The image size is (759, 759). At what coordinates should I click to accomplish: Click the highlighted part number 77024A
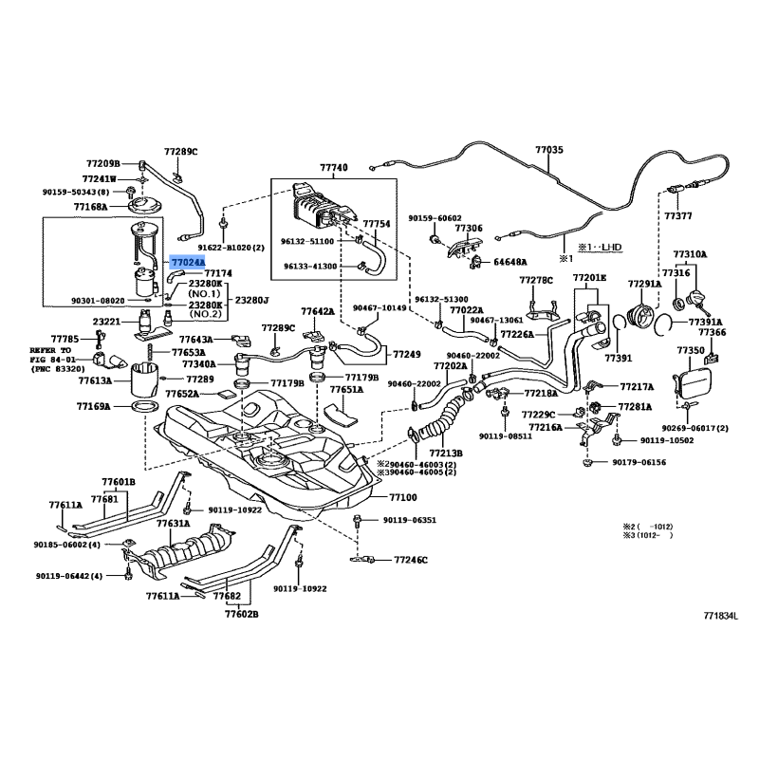[187, 262]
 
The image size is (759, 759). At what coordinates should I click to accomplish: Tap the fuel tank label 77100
[402, 497]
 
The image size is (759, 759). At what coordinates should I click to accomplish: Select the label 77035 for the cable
[549, 150]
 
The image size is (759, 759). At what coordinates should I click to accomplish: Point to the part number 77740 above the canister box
[334, 168]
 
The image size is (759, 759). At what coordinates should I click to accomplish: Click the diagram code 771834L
[721, 616]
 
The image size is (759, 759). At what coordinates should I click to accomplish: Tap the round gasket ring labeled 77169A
[145, 406]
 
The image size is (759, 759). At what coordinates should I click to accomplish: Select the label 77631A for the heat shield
[174, 524]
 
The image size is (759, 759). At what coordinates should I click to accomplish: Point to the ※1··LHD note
[600, 248]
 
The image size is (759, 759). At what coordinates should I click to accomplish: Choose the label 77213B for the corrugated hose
[446, 454]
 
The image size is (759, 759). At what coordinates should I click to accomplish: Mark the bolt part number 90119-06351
[410, 520]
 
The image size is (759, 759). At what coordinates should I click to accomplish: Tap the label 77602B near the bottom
[241, 614]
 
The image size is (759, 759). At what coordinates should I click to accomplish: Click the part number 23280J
[251, 300]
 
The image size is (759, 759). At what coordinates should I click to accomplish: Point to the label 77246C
[411, 560]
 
